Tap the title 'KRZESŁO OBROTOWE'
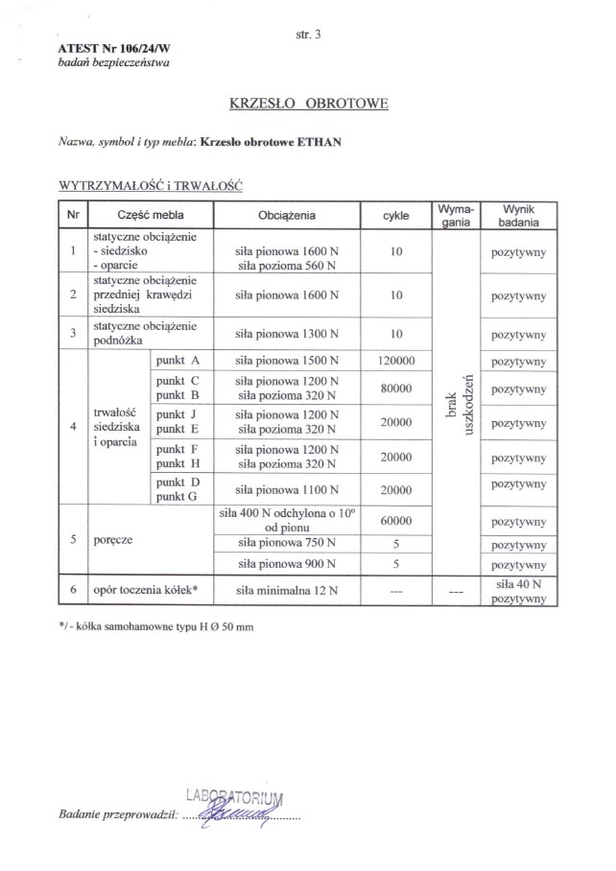pos(308,103)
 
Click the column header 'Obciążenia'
pos(287,216)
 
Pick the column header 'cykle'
pos(395,216)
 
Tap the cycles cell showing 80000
pos(395,388)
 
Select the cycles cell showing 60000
pos(395,521)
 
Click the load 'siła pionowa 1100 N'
pos(287,489)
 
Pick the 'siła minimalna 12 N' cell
pos(287,591)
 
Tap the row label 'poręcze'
pos(113,540)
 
